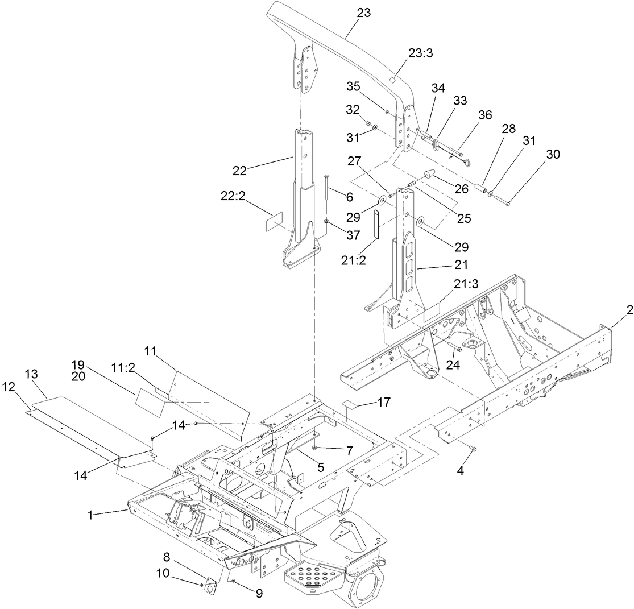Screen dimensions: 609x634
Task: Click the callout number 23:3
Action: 421,53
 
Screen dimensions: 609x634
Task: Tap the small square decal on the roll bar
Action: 392,79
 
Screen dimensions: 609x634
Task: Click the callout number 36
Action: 484,114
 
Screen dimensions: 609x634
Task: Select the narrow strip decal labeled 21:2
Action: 376,225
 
